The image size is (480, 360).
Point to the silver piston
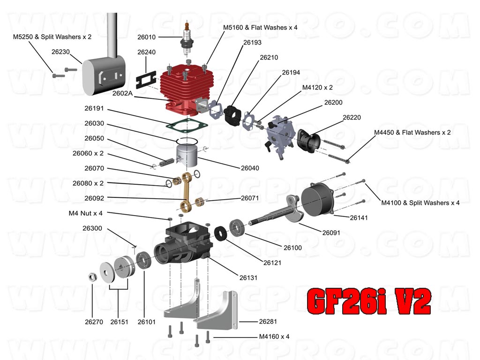point(187,157)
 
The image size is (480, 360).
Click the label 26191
point(94,109)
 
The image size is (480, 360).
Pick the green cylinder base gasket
point(187,123)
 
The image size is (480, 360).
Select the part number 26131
point(248,278)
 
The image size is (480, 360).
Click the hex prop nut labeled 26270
point(92,277)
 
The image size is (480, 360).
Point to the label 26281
point(269,322)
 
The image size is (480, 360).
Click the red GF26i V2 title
point(368,301)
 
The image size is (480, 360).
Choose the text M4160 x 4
point(274,337)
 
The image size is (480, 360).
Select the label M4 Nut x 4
point(85,213)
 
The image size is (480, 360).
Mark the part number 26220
point(352,117)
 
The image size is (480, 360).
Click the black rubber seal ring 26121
point(220,233)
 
